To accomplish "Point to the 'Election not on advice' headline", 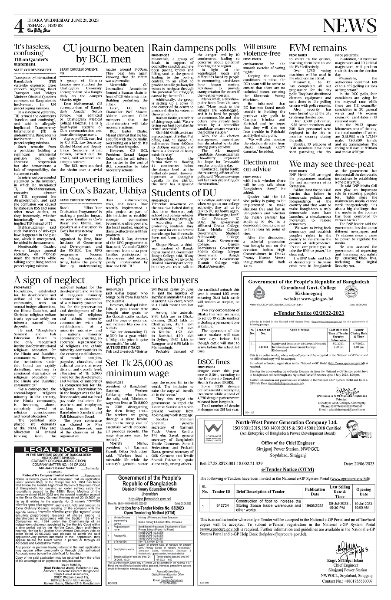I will [x=261, y=166].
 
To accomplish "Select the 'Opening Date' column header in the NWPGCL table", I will [x=364, y=491].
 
